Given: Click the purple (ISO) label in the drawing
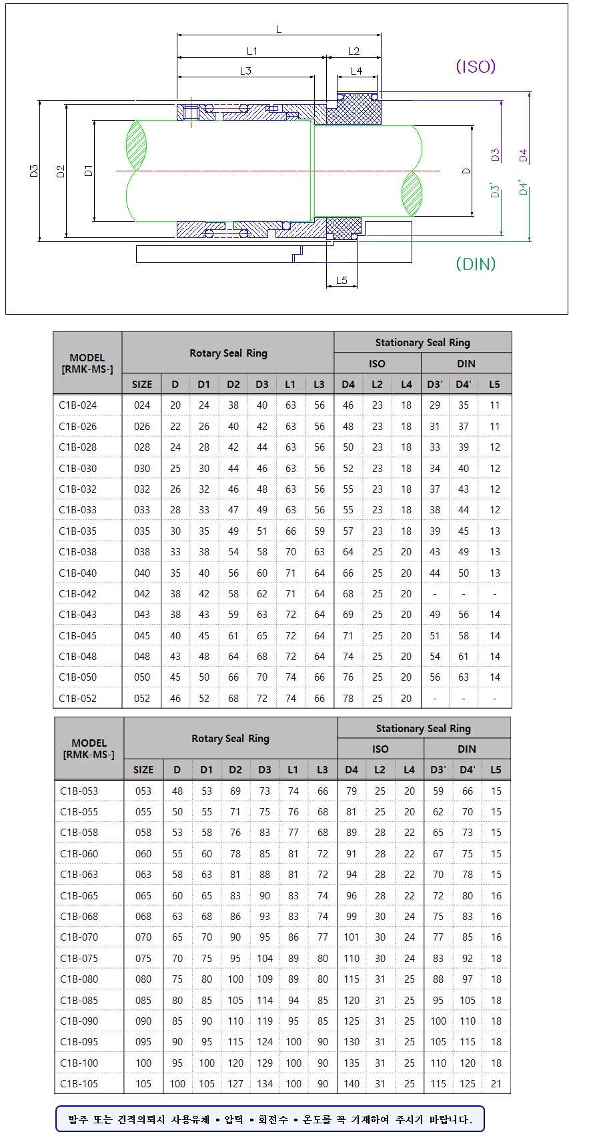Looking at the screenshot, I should (x=476, y=67).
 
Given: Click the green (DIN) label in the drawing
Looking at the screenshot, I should (x=476, y=264).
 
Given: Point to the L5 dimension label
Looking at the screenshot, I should (x=342, y=281).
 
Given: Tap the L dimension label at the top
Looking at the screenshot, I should (x=279, y=29).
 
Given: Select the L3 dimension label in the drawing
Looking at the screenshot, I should (x=245, y=71).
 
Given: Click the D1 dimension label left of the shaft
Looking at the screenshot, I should (x=89, y=171).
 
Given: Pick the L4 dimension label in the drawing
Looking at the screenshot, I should (x=356, y=71).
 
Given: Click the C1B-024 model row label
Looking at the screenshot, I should (x=77, y=405).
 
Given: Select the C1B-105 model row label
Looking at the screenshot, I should (x=79, y=1083).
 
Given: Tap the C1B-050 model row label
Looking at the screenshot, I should (x=77, y=677).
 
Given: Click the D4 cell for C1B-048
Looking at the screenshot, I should (x=348, y=656).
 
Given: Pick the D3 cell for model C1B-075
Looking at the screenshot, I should (x=265, y=958).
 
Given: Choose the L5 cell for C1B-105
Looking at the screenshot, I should (x=496, y=1083).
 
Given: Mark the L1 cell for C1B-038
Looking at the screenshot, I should (x=291, y=551).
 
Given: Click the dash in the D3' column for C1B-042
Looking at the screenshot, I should (x=435, y=593).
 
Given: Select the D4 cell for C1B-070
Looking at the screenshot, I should (x=352, y=937).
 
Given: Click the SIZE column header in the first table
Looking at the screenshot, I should (x=142, y=384).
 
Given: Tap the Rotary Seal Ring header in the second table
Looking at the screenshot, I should (x=230, y=739).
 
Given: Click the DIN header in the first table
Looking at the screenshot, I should (x=466, y=363).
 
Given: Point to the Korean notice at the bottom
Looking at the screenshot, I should (x=269, y=1119).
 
